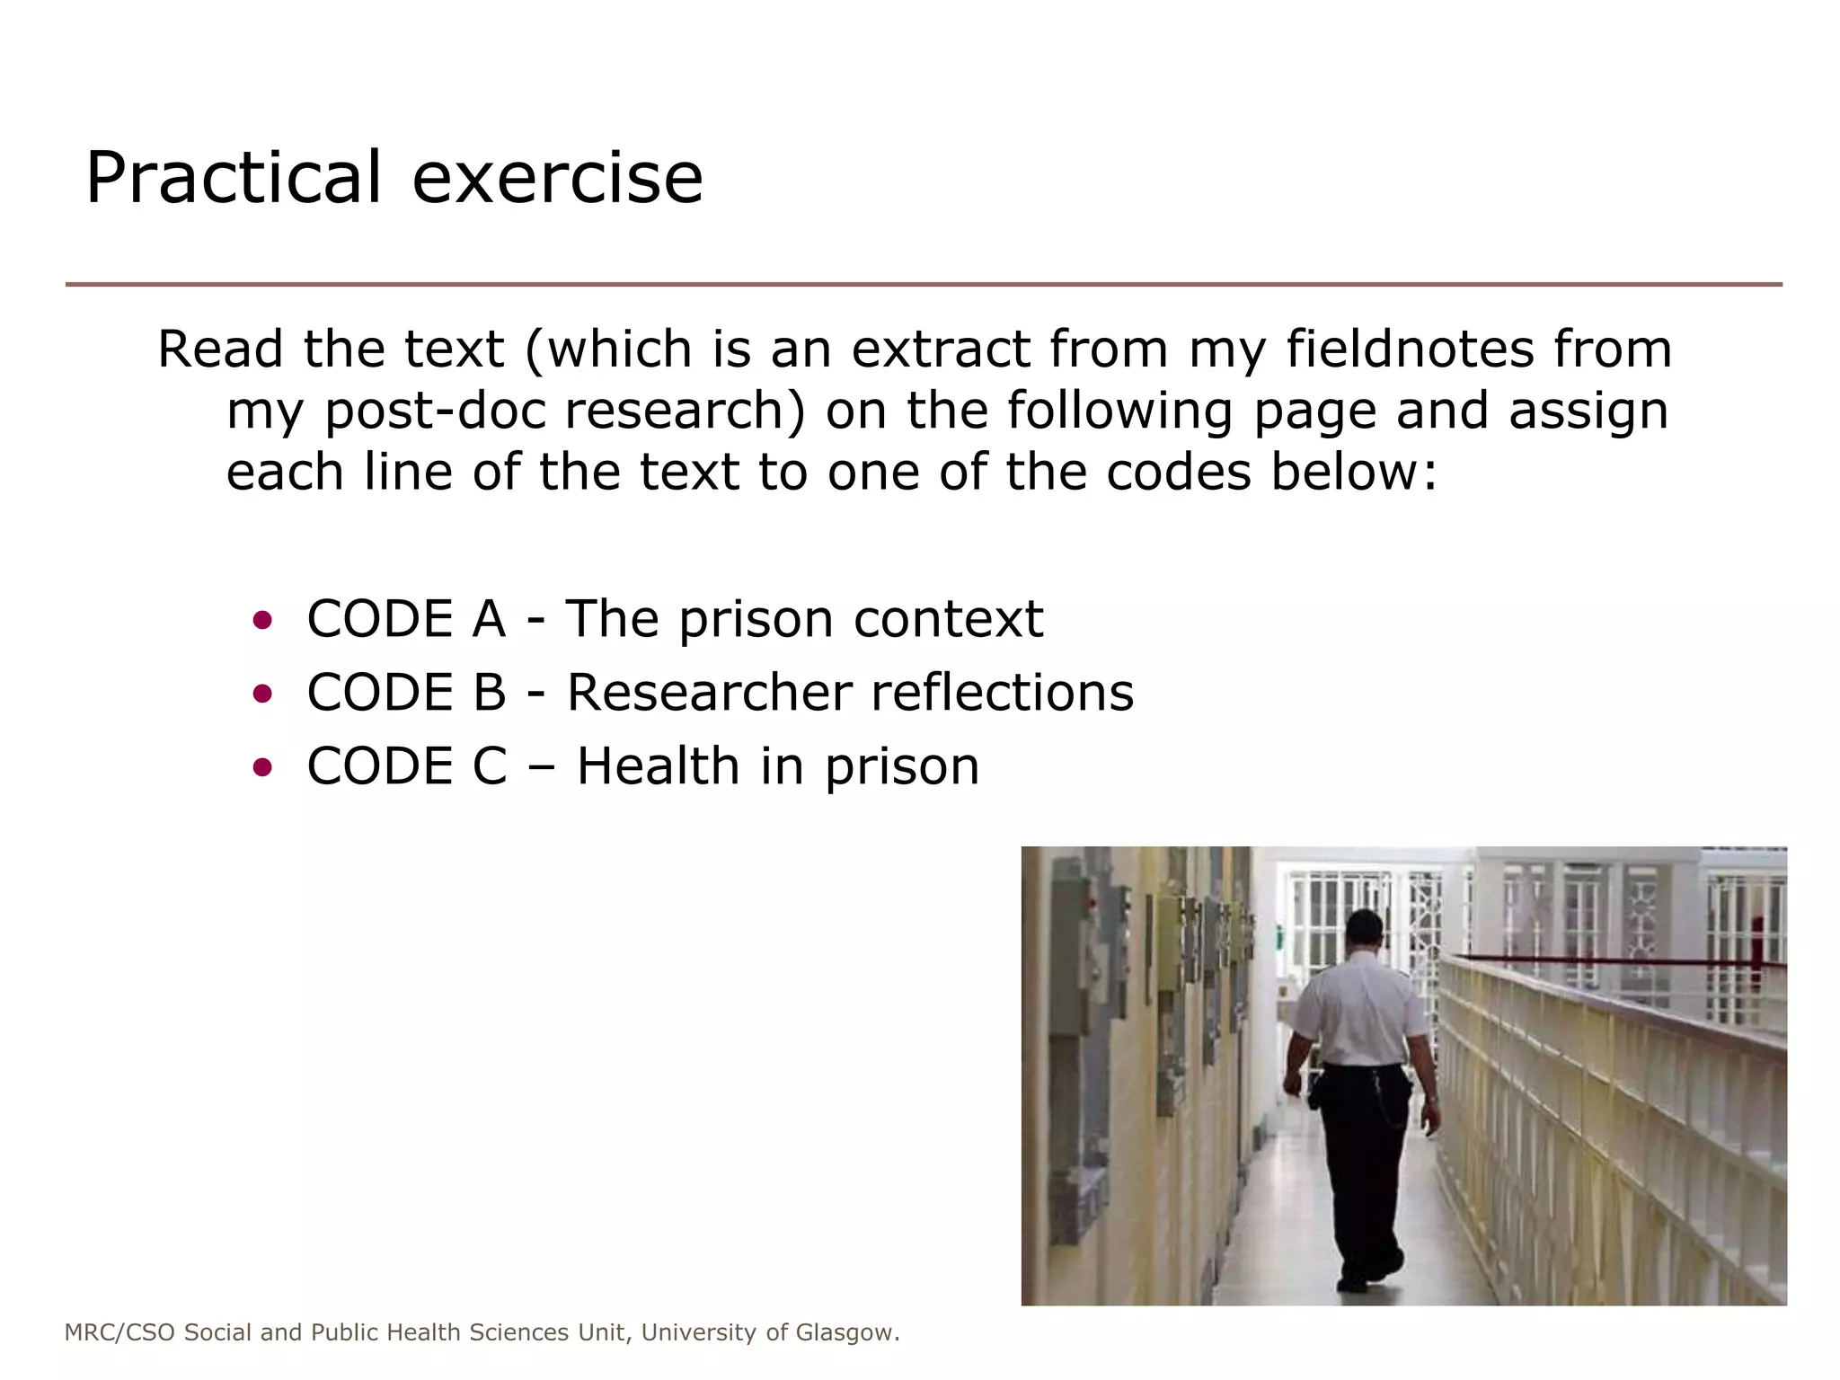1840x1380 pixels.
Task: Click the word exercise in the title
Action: tap(557, 178)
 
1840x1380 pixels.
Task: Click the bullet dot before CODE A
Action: tap(262, 619)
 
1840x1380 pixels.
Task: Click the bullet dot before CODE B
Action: tap(262, 693)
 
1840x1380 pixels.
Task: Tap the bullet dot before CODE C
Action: tap(262, 766)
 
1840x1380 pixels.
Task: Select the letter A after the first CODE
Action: tap(488, 619)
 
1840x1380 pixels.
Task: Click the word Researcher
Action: tap(709, 693)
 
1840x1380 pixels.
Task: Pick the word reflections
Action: tap(1002, 693)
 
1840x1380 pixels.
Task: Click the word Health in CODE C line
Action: tap(658, 766)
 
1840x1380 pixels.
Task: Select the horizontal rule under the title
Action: tap(924, 285)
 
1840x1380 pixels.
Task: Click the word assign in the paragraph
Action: tap(1588, 411)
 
